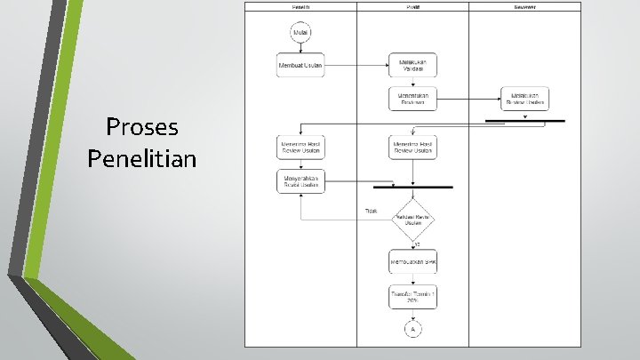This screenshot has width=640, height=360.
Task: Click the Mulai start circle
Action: [300, 34]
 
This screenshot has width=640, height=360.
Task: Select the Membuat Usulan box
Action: [300, 66]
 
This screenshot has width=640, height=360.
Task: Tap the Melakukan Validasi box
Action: [413, 66]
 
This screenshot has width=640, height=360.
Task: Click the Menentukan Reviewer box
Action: [413, 98]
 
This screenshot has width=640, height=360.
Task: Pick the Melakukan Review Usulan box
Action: [524, 98]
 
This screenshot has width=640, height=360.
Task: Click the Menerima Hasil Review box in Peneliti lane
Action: [300, 148]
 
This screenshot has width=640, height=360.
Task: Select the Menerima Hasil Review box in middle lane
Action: [413, 148]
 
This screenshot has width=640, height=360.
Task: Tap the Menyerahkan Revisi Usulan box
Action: [300, 181]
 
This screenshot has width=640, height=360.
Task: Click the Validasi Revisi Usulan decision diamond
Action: [413, 219]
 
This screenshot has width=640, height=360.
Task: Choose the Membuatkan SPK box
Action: [413, 263]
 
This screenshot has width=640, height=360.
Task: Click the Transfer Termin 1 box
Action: [413, 297]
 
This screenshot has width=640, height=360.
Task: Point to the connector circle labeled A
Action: [413, 330]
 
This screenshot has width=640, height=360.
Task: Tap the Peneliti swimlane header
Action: [300, 7]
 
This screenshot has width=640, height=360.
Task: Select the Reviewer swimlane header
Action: [524, 7]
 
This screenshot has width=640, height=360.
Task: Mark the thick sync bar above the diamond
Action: [413, 188]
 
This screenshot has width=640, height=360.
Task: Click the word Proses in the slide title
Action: [142, 127]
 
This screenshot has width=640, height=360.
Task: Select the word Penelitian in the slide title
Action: [142, 158]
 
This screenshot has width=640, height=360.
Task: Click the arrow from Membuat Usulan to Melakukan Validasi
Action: [357, 66]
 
